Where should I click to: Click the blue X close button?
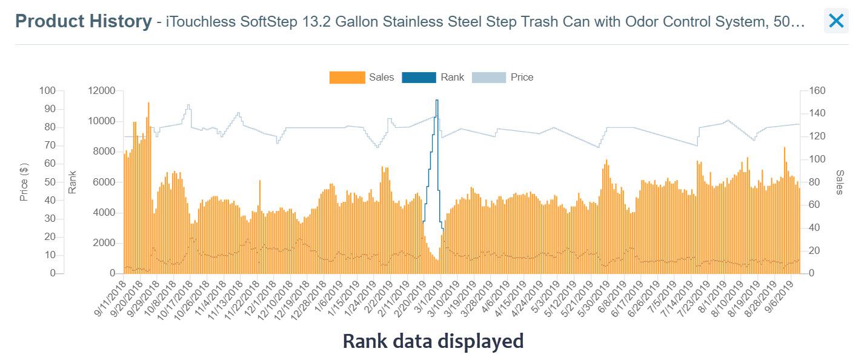pyautogui.click(x=835, y=21)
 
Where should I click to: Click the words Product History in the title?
pyautogui.click(x=83, y=22)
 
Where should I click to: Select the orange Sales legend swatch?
pyautogui.click(x=347, y=78)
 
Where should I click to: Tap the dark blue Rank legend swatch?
pyautogui.click(x=419, y=78)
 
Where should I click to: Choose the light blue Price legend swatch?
pyautogui.click(x=488, y=78)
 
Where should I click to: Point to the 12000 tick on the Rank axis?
pyautogui.click(x=101, y=91)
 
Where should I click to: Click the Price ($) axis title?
pyautogui.click(x=24, y=182)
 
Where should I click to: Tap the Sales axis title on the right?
pyautogui.click(x=839, y=182)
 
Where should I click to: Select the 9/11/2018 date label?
pyautogui.click(x=110, y=298)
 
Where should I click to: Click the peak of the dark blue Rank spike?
pyautogui.click(x=437, y=100)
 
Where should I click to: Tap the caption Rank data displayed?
pyautogui.click(x=433, y=341)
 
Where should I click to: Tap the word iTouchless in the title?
pyautogui.click(x=194, y=22)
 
